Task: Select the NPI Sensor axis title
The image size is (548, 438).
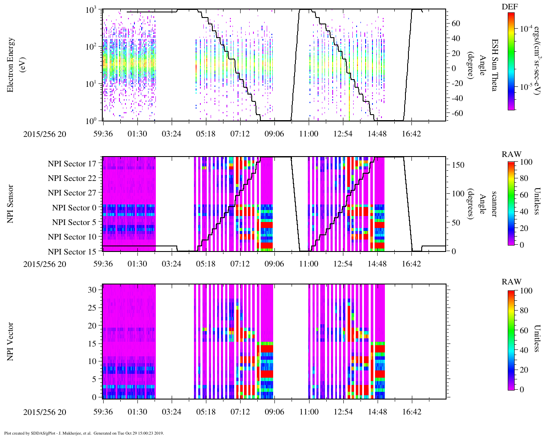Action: point(11,204)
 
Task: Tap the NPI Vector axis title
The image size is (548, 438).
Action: point(11,341)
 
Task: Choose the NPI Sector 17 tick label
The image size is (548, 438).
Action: point(72,164)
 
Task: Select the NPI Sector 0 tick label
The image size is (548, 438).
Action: point(74,208)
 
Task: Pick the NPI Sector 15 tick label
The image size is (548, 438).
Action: point(72,252)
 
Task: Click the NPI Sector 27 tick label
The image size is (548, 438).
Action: point(72,193)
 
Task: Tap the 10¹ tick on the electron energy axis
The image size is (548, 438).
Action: point(91,84)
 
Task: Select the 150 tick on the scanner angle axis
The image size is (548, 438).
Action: point(459,165)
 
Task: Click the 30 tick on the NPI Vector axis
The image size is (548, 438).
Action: point(92,290)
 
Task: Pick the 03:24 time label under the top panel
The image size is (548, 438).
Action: point(171,134)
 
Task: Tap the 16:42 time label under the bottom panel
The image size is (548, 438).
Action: point(411,412)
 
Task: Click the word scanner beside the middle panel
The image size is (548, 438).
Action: point(494,204)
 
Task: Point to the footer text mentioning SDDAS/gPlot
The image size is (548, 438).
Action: point(83,433)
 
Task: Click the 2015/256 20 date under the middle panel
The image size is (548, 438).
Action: point(45,264)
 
